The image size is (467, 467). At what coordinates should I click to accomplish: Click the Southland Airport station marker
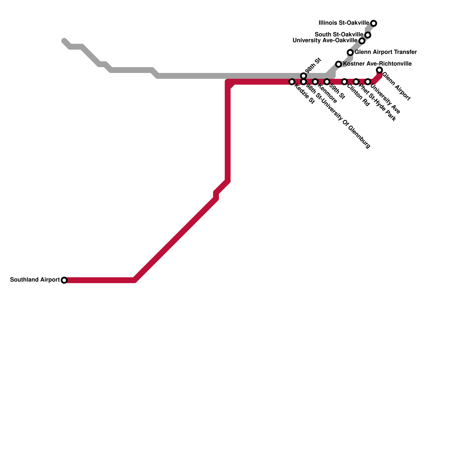coord(64,280)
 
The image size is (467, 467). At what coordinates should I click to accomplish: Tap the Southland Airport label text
coord(35,280)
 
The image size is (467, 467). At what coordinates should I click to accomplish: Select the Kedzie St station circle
coord(292,82)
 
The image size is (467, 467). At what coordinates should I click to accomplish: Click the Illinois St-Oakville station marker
coord(374,23)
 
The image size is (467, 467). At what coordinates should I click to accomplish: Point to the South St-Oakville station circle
coord(368,35)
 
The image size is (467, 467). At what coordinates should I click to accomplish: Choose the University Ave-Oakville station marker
coord(362,41)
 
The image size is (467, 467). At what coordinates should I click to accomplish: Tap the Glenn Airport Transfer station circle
coord(350,53)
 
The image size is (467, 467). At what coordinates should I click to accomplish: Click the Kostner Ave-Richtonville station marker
coord(339,64)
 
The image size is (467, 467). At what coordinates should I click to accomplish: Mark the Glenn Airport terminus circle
coord(379,70)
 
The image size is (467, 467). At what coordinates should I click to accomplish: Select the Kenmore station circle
coord(315,82)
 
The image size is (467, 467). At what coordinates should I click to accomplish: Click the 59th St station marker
coord(327,82)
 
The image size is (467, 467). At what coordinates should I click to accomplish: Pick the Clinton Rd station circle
coord(344,82)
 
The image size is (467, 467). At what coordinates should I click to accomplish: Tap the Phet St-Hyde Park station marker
coord(356,82)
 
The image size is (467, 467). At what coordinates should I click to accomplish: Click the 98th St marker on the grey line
coord(304,76)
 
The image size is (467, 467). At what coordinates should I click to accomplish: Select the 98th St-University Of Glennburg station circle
coord(304,82)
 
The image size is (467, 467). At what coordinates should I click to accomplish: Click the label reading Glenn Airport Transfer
coord(386,52)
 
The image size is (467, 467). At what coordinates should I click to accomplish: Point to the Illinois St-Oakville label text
coord(344,23)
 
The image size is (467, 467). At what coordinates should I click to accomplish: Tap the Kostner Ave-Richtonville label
coord(377,64)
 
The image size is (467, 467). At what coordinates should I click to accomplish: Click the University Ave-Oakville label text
coord(325,41)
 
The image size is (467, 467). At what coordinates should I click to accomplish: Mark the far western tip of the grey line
coord(64,40)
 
